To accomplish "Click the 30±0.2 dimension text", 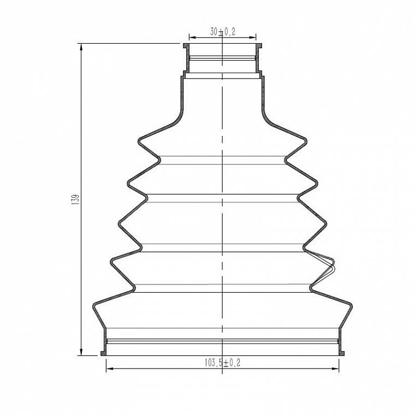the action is pos(223,32).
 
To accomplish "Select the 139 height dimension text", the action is pos(75,199).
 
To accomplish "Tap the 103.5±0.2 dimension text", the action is pos(223,363).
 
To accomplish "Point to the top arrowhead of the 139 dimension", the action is pos(81,47).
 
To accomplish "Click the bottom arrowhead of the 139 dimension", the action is pos(81,352).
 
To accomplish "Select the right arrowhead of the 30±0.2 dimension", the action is pos(252,38).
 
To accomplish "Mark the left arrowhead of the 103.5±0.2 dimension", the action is pos(110,369).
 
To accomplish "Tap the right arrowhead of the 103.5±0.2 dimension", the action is pos(335,369).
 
